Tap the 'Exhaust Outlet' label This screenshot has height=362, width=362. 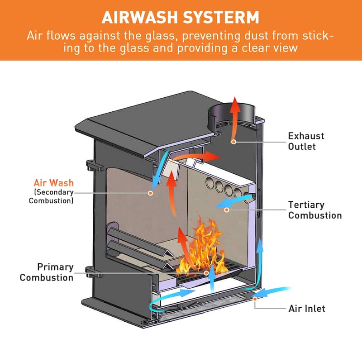tap(306, 141)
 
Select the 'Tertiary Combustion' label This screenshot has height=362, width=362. tap(314, 210)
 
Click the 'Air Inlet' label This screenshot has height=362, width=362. tap(307, 309)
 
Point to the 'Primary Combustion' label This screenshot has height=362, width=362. tap(47, 272)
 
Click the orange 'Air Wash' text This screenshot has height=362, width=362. tap(53, 183)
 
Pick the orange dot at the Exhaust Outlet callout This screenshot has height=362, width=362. tap(234, 142)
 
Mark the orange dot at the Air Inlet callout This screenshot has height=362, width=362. tap(255, 299)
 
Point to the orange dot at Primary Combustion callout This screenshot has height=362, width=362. tap(206, 272)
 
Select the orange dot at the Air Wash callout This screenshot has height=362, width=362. tap(150, 192)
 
